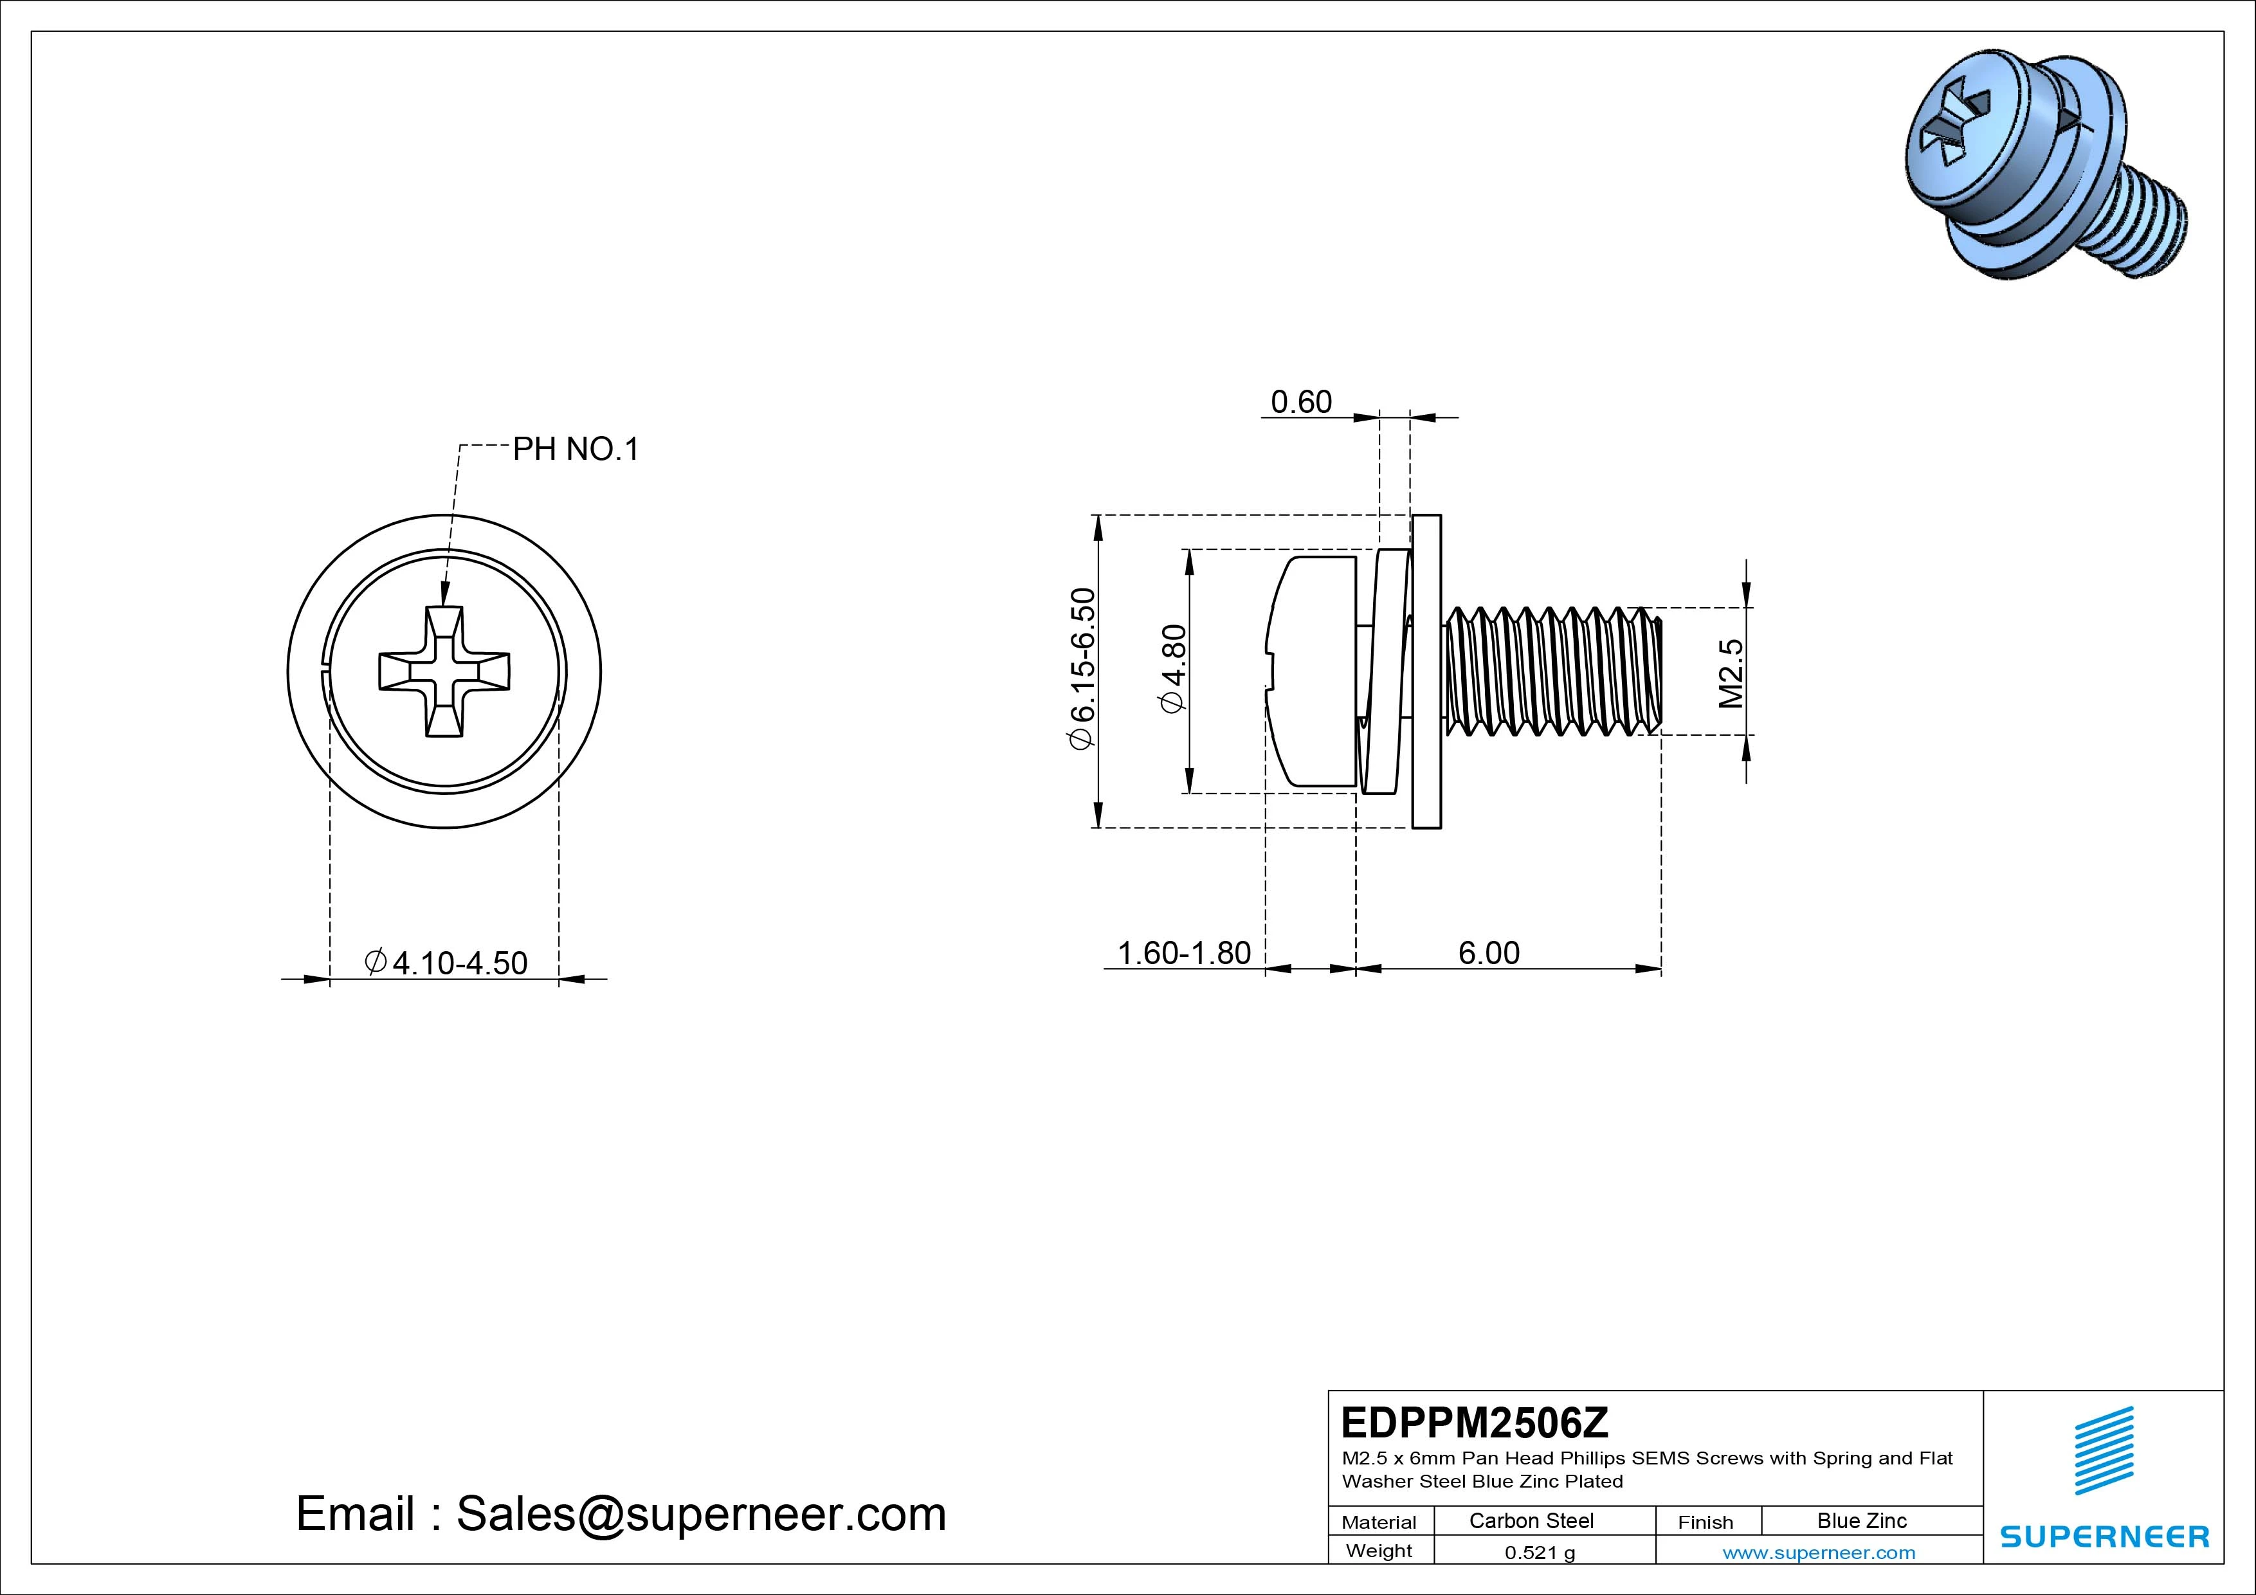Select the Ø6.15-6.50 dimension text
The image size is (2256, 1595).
1082,670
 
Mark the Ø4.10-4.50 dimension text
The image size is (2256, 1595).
446,962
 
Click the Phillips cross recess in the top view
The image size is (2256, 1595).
444,671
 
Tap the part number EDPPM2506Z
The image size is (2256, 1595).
1474,1422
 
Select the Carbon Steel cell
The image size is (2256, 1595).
1531,1520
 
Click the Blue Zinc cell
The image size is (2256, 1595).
1861,1520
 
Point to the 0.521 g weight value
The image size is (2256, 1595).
1539,1553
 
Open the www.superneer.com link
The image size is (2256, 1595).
1818,1553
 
